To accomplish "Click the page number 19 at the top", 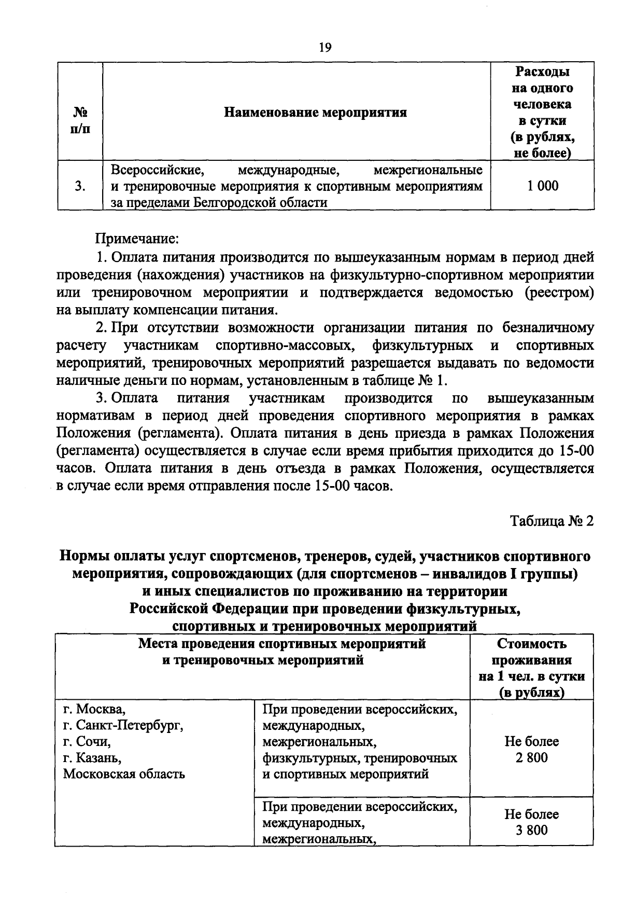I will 324,48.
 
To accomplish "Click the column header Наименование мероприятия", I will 315,113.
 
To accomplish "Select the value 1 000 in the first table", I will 543,186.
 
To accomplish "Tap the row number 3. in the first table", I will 80,186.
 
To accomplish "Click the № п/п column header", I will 79,120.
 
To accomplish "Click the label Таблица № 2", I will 552,521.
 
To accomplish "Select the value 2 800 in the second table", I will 531,758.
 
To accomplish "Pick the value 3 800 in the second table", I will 531,830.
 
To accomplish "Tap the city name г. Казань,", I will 92,758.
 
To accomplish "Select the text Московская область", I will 124,774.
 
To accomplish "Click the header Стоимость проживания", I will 531,652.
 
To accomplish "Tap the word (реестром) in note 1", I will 559,293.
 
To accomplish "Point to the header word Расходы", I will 542,72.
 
